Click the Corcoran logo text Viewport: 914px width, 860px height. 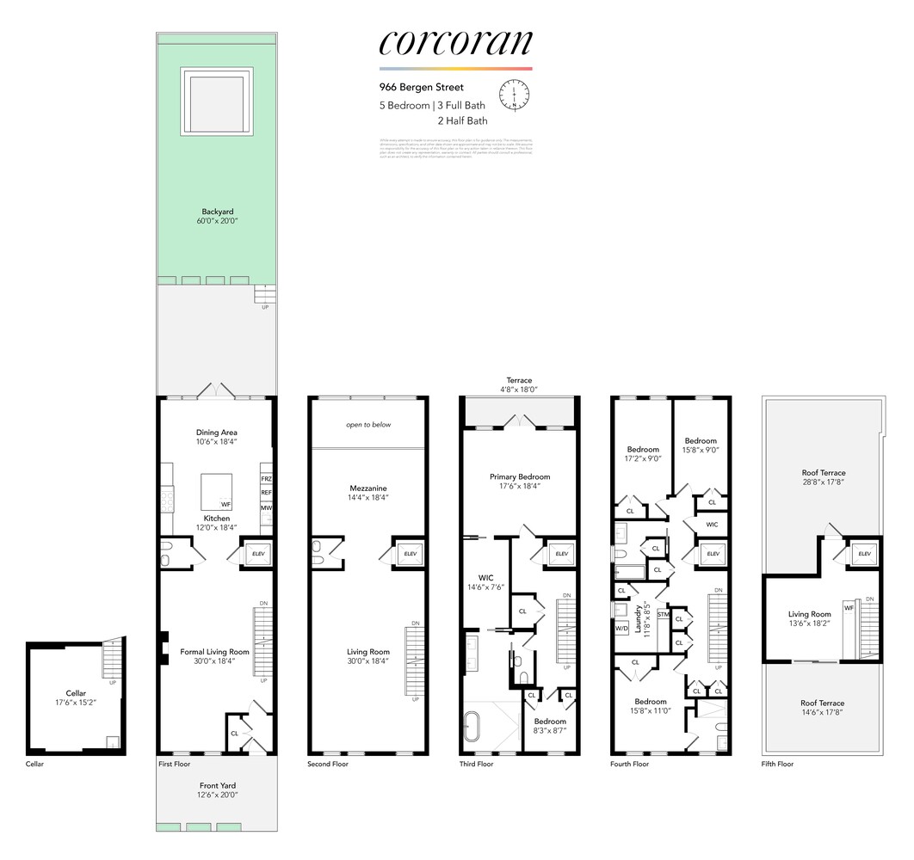point(455,44)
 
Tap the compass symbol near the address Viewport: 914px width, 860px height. point(515,95)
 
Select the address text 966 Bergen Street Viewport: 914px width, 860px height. point(422,87)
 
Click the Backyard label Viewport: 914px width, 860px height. point(217,212)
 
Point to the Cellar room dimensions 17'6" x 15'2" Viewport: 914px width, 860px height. point(76,703)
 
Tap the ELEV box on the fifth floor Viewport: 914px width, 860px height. point(863,555)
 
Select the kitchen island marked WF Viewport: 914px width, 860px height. point(217,492)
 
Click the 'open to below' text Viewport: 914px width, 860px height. point(368,425)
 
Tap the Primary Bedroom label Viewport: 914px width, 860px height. point(519,476)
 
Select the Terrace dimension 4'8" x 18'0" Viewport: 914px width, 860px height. point(519,389)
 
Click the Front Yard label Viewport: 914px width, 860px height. point(217,785)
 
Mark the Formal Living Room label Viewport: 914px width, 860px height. point(214,652)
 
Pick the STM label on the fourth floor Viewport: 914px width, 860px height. point(663,615)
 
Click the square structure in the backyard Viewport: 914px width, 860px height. point(217,101)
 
